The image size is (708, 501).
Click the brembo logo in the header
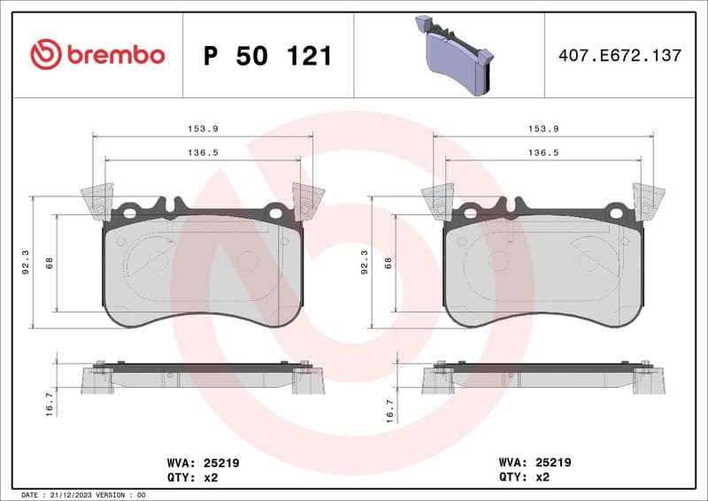[x=97, y=55]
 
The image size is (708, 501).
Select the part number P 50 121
[x=267, y=56]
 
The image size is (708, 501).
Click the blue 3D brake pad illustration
[x=455, y=55]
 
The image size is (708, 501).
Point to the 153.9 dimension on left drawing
[x=203, y=128]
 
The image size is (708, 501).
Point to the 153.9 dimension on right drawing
[x=543, y=128]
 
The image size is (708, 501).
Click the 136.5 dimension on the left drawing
[x=203, y=152]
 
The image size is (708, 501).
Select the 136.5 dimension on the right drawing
[x=543, y=152]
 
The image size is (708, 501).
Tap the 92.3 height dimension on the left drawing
[x=24, y=262]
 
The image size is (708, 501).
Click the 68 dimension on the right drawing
[x=388, y=262]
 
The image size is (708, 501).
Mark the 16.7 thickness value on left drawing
[x=50, y=404]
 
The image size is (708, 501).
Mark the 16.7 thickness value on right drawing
[x=389, y=404]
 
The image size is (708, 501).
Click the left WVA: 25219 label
[x=203, y=462]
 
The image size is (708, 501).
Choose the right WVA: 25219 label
[x=535, y=462]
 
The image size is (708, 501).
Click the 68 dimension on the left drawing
[x=49, y=262]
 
